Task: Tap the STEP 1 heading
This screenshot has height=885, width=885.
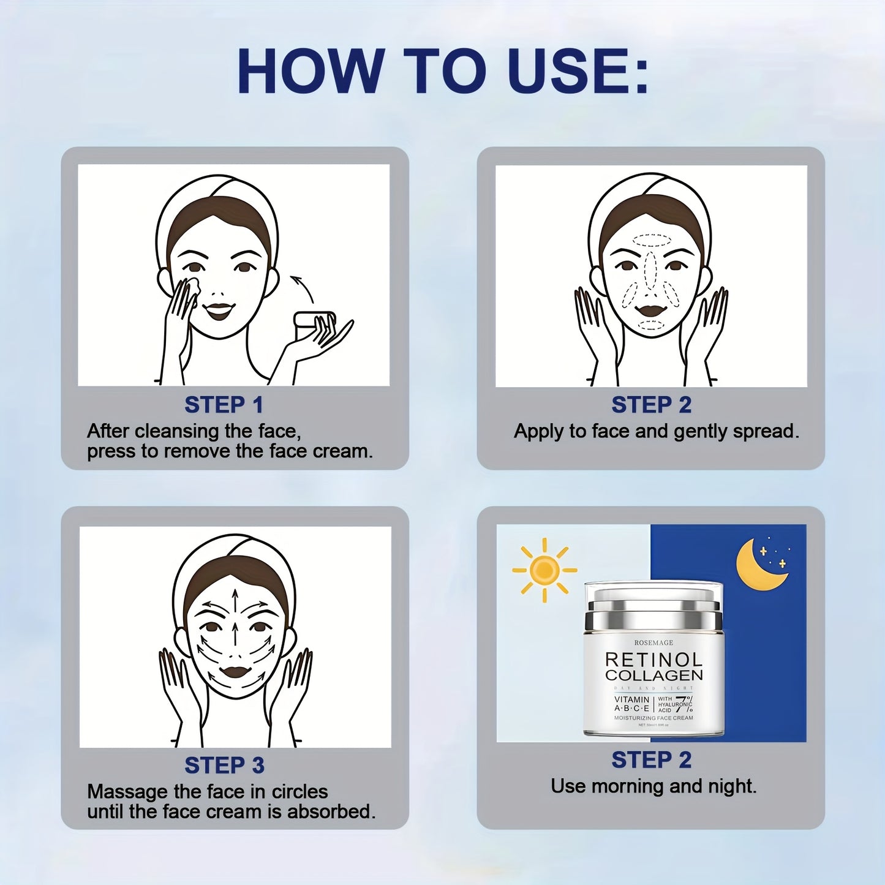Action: (x=224, y=405)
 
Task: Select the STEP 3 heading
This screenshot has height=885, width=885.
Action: (x=224, y=765)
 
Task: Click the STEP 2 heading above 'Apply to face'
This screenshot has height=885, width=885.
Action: (x=651, y=405)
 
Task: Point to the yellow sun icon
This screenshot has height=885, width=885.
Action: (x=544, y=570)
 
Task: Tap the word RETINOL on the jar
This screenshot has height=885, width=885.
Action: (x=653, y=660)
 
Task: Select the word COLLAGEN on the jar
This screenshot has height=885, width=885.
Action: (x=653, y=676)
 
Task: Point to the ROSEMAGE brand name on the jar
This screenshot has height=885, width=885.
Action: (x=653, y=642)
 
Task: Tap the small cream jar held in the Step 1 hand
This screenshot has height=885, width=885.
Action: (x=314, y=320)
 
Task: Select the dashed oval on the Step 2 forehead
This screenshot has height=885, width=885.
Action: (x=652, y=239)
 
